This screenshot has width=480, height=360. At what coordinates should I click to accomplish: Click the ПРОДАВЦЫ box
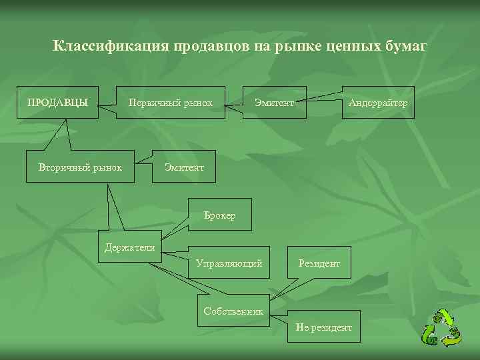tap(57, 103)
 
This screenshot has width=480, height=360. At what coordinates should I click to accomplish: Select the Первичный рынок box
tap(171, 103)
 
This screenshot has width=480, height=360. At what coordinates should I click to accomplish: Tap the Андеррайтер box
tap(378, 103)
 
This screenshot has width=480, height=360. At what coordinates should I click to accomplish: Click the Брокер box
tap(220, 215)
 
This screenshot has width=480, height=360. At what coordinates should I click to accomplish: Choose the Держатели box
tap(129, 247)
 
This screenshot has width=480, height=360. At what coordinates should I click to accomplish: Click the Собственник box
tap(233, 311)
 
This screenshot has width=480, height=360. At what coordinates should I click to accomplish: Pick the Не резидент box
tap(323, 327)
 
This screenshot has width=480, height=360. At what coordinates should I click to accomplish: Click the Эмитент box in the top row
tap(274, 103)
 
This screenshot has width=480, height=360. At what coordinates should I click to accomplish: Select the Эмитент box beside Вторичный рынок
tap(185, 166)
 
